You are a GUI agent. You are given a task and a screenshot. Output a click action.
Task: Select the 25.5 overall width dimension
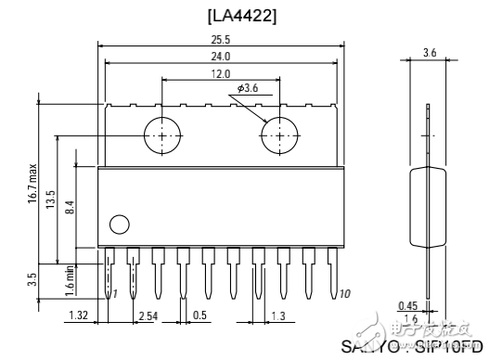click(220, 41)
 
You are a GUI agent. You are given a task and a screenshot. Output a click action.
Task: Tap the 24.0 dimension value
click(220, 57)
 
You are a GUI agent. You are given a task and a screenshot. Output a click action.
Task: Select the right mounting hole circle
click(277, 135)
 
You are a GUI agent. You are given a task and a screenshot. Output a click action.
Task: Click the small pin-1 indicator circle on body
click(119, 224)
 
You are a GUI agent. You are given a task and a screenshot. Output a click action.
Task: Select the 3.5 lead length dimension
click(34, 278)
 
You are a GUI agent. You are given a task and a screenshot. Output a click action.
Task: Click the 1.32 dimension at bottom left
click(79, 316)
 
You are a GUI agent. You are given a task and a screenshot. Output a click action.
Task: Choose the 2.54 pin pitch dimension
click(147, 316)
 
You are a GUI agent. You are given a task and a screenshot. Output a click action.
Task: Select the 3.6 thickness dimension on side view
click(429, 53)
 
